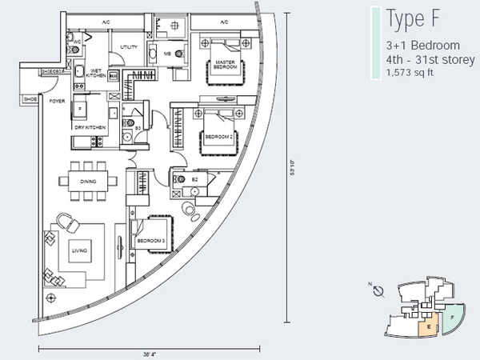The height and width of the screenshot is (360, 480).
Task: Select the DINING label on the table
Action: (89, 182)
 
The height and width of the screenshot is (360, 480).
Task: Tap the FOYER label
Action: (57, 102)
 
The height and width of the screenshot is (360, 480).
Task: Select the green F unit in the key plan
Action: (453, 317)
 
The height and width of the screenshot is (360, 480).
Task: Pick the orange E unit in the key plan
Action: (430, 326)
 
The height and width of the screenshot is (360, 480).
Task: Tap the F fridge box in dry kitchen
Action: (80, 109)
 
